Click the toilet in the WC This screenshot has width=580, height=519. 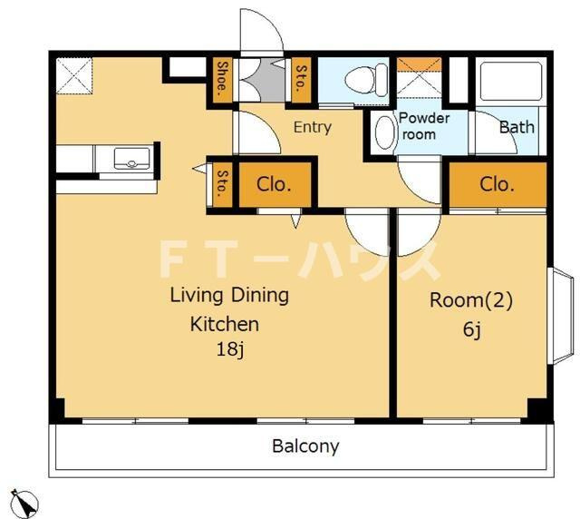pyautogui.click(x=366, y=80)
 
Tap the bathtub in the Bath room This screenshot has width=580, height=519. pyautogui.click(x=511, y=82)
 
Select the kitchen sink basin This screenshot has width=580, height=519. pyautogui.click(x=132, y=158)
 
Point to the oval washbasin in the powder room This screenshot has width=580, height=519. pyautogui.click(x=384, y=133)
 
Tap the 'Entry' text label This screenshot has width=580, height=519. pyautogui.click(x=313, y=127)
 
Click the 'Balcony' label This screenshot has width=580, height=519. pyautogui.click(x=305, y=446)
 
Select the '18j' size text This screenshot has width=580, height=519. pyautogui.click(x=229, y=348)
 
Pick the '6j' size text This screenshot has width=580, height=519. pyautogui.click(x=471, y=328)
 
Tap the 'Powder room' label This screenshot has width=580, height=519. pyautogui.click(x=424, y=126)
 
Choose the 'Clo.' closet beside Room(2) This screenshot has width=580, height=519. pyautogui.click(x=498, y=184)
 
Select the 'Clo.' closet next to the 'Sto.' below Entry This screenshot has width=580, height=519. pyautogui.click(x=275, y=184)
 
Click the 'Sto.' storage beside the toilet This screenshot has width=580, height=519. pyautogui.click(x=301, y=79)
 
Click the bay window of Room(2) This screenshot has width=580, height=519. pyautogui.click(x=561, y=316)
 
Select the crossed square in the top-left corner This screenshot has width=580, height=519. pyautogui.click(x=74, y=75)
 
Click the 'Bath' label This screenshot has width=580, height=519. pyautogui.click(x=517, y=127)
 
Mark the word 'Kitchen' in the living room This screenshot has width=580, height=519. pyautogui.click(x=225, y=324)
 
